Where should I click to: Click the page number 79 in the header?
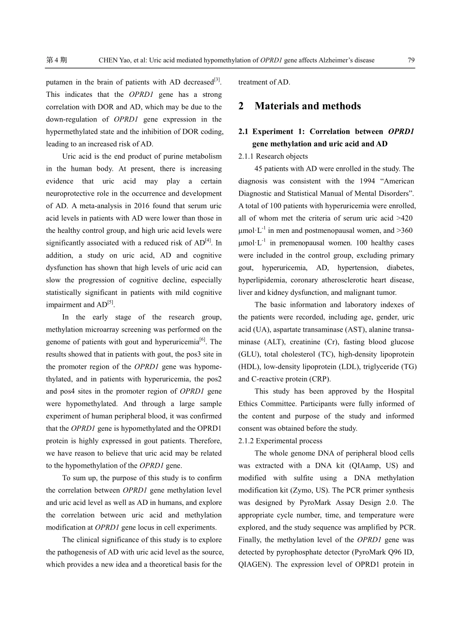click(x=411, y=60)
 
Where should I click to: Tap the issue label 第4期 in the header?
click(x=56, y=60)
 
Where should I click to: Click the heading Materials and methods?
click(x=307, y=106)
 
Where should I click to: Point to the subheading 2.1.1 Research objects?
click(x=273, y=156)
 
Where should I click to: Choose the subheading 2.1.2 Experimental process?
click(x=280, y=441)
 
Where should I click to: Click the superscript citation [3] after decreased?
click(x=217, y=80)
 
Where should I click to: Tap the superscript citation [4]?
click(x=208, y=241)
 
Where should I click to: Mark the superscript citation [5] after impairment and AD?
click(x=110, y=303)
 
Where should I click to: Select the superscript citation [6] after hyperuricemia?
click(x=202, y=340)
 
